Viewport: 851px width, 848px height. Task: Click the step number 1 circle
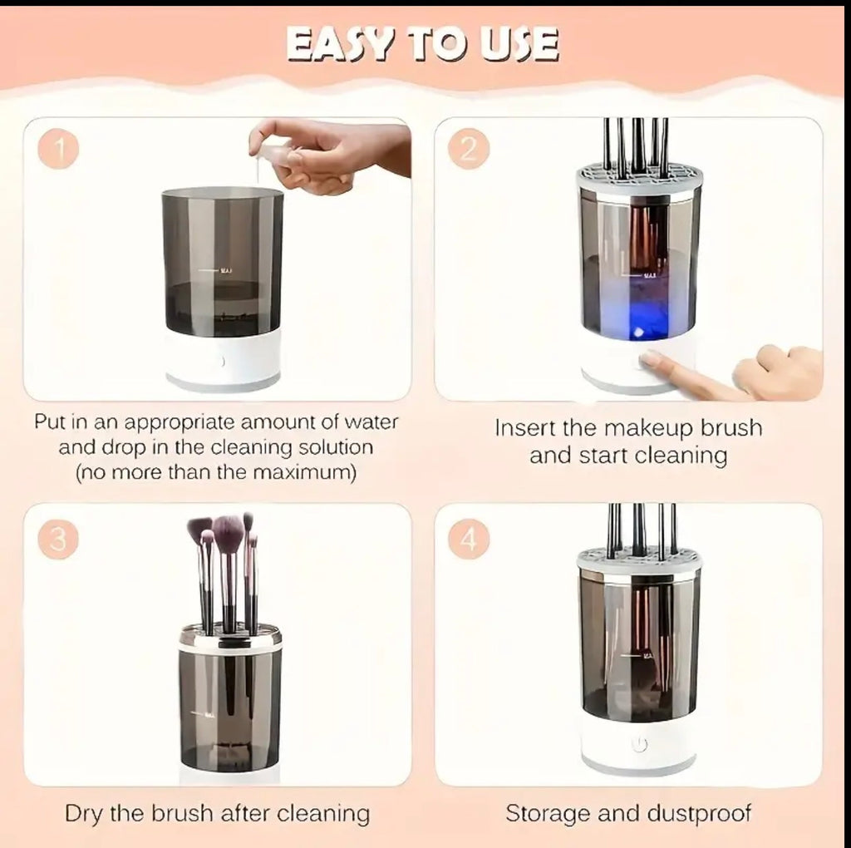tap(59, 148)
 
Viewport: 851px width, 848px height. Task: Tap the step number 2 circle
tap(469, 148)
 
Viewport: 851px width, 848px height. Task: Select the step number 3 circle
tap(59, 539)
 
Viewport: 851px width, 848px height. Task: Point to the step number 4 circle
tap(469, 539)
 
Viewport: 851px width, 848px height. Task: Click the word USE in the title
tap(520, 44)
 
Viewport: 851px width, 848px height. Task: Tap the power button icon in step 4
tap(640, 744)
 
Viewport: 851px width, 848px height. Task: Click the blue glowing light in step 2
tap(639, 331)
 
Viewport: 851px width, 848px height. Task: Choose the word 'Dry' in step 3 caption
tap(82, 815)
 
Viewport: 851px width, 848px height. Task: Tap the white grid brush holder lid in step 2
tap(639, 179)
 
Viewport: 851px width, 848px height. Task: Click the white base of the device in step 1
tap(224, 361)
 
